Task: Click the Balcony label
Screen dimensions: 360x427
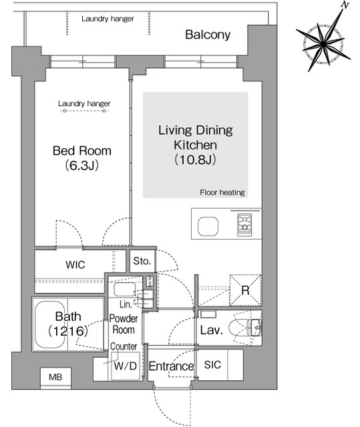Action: tap(208, 35)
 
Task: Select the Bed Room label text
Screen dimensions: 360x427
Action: tap(81, 151)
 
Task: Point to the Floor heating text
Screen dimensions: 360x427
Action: tap(222, 193)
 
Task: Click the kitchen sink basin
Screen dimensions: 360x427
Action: tap(208, 226)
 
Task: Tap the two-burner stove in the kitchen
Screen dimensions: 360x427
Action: tap(244, 225)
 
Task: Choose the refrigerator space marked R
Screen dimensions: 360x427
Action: tap(245, 290)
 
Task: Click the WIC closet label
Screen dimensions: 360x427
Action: tap(75, 265)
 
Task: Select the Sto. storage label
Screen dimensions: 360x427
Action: tap(142, 261)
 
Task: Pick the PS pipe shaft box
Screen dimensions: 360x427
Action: tap(150, 282)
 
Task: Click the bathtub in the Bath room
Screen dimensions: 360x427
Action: tap(50, 324)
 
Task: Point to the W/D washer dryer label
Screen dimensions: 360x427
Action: tap(126, 366)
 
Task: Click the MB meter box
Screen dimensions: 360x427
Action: tap(55, 377)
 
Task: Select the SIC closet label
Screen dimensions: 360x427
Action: tap(212, 365)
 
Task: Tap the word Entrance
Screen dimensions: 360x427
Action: tap(171, 366)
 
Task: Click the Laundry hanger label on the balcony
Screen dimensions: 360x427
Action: tap(108, 19)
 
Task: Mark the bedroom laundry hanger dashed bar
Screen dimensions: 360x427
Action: tap(84, 111)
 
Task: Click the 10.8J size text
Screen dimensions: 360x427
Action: tap(195, 159)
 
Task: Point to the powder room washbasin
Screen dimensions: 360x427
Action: tap(125, 289)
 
